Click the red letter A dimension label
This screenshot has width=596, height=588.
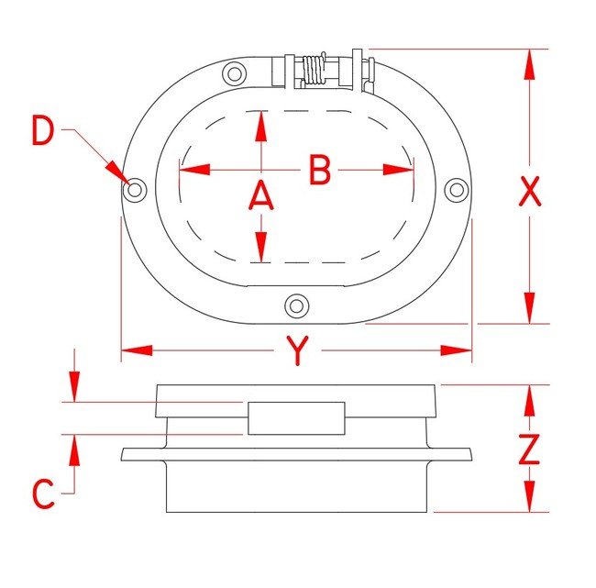point(260,196)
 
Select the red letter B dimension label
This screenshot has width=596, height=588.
point(320,170)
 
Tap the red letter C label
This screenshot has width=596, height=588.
point(43,494)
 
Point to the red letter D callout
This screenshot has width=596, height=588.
point(43,130)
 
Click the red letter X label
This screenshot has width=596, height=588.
point(529,192)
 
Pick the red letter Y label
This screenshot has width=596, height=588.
point(298,350)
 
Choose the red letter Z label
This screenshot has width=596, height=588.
point(529,449)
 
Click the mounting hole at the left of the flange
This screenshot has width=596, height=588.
point(135,189)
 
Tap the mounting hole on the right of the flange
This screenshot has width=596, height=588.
point(457,190)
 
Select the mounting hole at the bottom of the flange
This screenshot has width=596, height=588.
point(297,305)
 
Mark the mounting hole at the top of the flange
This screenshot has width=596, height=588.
point(234,73)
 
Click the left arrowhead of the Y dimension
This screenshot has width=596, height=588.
point(137,350)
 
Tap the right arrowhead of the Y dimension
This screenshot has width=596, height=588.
point(456,350)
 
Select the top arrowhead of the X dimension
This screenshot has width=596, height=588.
point(529,64)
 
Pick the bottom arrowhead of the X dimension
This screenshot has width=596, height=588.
point(529,308)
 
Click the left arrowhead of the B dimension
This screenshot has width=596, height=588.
point(194,170)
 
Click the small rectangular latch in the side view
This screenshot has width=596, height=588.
point(296,418)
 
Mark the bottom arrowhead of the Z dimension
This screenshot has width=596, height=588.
point(529,496)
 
